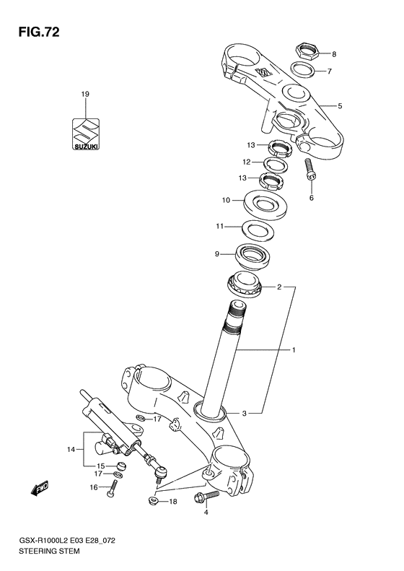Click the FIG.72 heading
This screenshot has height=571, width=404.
click(x=33, y=32)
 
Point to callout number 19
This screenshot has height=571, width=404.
click(x=85, y=95)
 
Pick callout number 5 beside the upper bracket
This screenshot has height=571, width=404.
click(x=339, y=105)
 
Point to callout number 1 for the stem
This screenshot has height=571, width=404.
click(x=294, y=351)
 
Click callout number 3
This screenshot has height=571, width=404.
click(x=244, y=413)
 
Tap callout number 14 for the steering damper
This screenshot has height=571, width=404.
click(x=71, y=450)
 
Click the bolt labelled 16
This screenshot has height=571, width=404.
click(x=110, y=496)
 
